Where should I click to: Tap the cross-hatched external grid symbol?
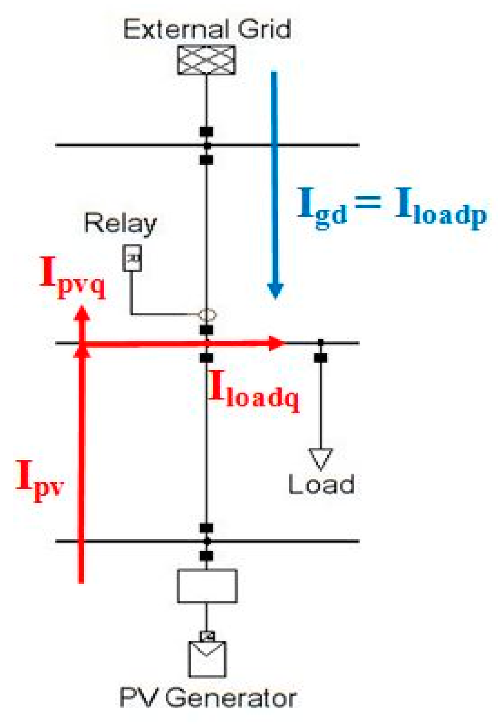[206, 60]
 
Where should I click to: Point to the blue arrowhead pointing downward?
[275, 290]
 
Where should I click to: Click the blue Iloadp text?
[440, 209]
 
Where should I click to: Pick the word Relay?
[120, 224]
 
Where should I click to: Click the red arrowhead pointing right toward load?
[277, 343]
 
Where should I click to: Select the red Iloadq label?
[254, 393]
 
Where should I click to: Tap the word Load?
[321, 485]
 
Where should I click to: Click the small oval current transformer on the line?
[207, 315]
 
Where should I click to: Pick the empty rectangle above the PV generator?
[207, 586]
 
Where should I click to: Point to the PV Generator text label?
[208, 698]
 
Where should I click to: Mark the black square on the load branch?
[320, 358]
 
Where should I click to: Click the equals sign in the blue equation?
[368, 202]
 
